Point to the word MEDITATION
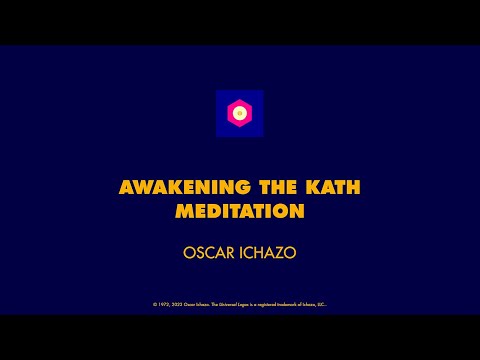click(x=239, y=212)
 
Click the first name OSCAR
click(x=206, y=253)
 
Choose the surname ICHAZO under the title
click(x=267, y=253)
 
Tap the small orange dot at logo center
click(x=240, y=113)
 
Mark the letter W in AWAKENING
click(x=138, y=188)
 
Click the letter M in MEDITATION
click(x=183, y=212)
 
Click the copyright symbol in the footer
click(x=154, y=304)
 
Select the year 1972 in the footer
click(x=161, y=304)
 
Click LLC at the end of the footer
click(x=322, y=304)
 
